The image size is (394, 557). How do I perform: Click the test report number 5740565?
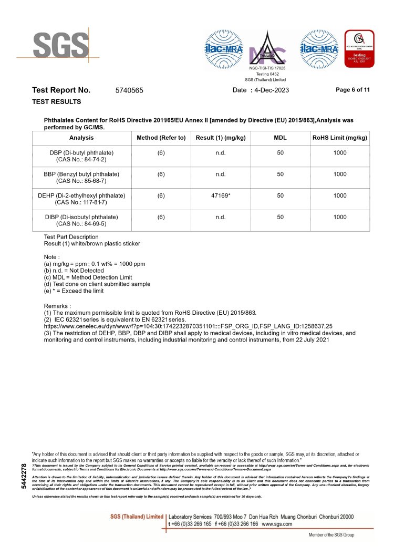(129, 90)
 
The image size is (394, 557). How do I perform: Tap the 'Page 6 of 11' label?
(352, 90)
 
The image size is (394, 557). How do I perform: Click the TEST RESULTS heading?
(57, 101)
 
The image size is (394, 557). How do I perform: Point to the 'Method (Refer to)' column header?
(161, 138)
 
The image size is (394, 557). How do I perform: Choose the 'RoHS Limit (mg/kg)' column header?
(340, 138)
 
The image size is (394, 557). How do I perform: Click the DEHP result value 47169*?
(221, 195)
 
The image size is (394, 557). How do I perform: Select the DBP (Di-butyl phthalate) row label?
(81, 156)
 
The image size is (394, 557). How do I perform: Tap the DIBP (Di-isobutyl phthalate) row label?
(81, 220)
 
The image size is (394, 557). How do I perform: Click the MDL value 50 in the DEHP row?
(281, 195)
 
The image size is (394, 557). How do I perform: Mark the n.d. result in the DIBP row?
(221, 216)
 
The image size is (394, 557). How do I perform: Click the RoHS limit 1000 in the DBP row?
(340, 152)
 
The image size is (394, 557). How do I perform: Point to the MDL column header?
(281, 138)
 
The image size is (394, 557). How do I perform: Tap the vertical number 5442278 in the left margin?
(23, 476)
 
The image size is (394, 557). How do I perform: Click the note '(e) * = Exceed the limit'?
(74, 291)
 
